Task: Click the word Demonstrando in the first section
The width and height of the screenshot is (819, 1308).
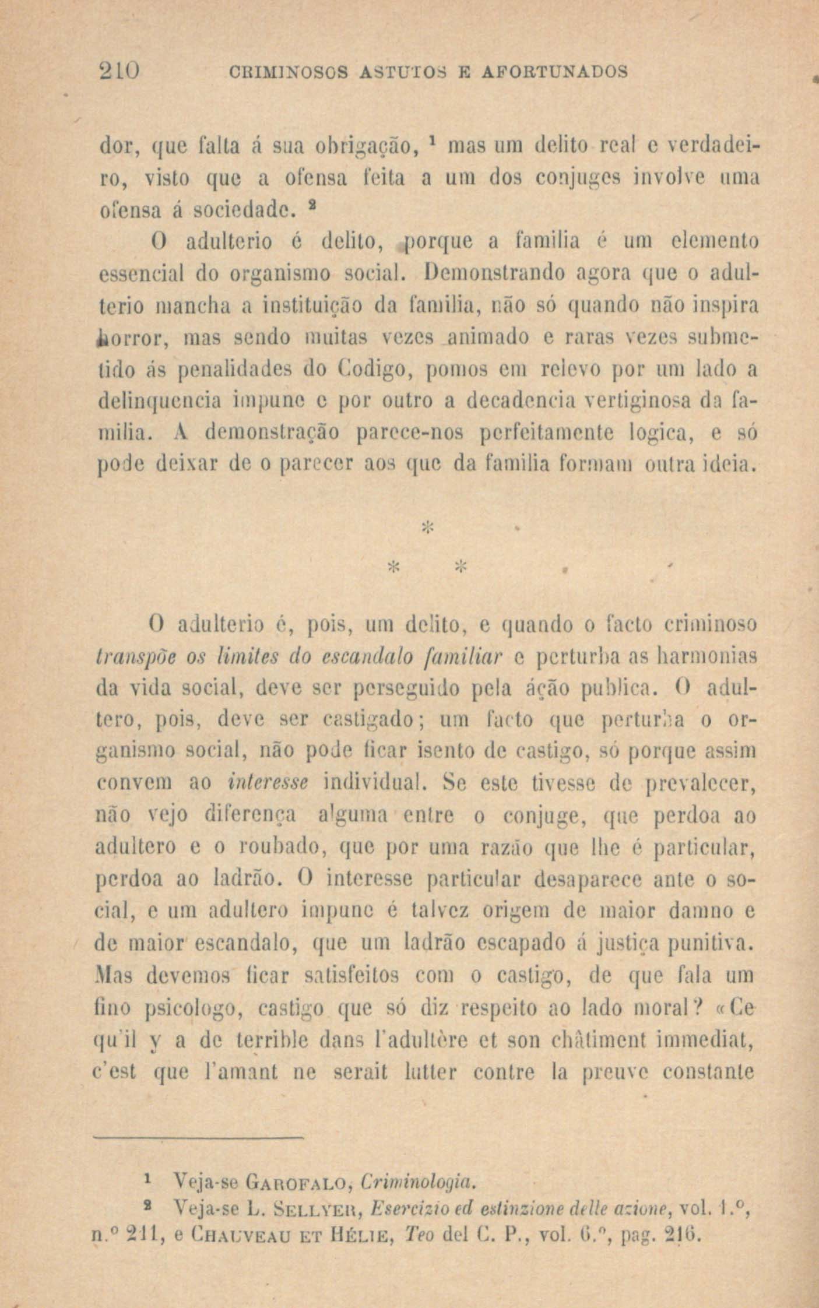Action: point(493,272)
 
